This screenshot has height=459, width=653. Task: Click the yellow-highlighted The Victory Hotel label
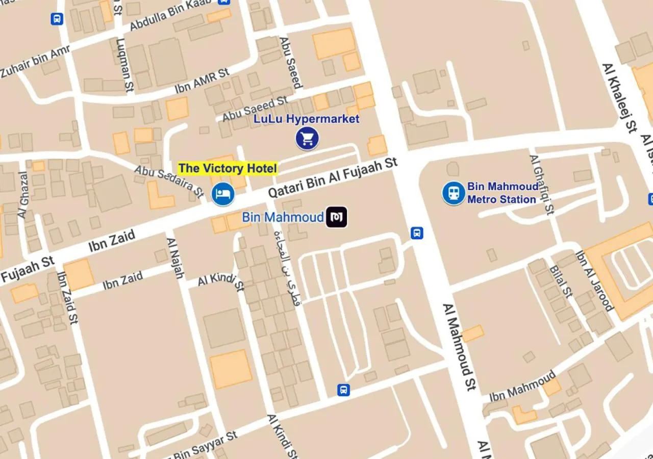pos(228,168)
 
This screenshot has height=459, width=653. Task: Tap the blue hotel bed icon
pos(223,194)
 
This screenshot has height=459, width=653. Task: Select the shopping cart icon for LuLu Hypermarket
pos(307,139)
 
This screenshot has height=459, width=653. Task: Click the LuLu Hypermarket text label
pos(307,119)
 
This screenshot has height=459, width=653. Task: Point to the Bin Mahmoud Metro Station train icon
pos(454,193)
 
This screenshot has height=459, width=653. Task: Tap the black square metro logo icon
pos(337,217)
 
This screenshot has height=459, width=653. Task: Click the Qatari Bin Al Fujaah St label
pos(333,178)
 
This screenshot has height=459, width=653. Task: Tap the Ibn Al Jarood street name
pos(594,280)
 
